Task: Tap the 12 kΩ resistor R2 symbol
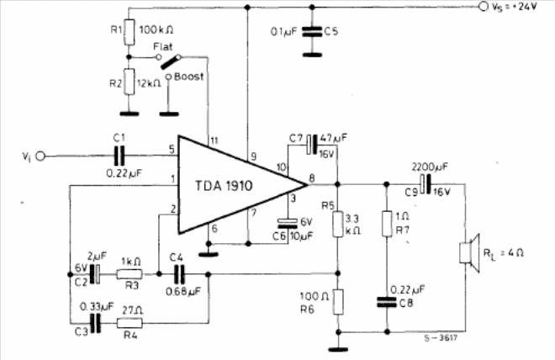tap(128, 82)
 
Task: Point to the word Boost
tap(188, 77)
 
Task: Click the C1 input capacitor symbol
tap(119, 155)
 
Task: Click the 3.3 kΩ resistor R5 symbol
tap(337, 224)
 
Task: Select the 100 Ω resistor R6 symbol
tap(337, 302)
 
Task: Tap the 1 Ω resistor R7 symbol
tap(388, 223)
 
